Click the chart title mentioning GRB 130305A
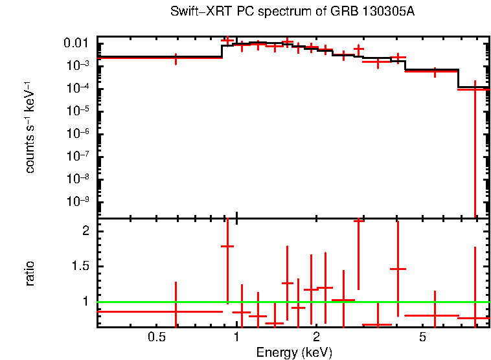(x=292, y=12)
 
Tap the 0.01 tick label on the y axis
(x=79, y=43)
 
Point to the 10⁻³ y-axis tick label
(x=79, y=65)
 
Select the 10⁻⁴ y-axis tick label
(x=79, y=88)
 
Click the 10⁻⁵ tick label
(x=79, y=111)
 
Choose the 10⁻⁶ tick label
(x=79, y=133)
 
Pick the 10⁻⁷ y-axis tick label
(x=79, y=156)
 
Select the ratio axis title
(x=30, y=273)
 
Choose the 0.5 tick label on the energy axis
(x=156, y=338)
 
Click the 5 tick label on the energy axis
(x=422, y=338)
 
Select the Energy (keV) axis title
(x=294, y=353)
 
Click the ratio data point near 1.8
(x=227, y=246)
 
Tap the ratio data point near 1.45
(x=398, y=269)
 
